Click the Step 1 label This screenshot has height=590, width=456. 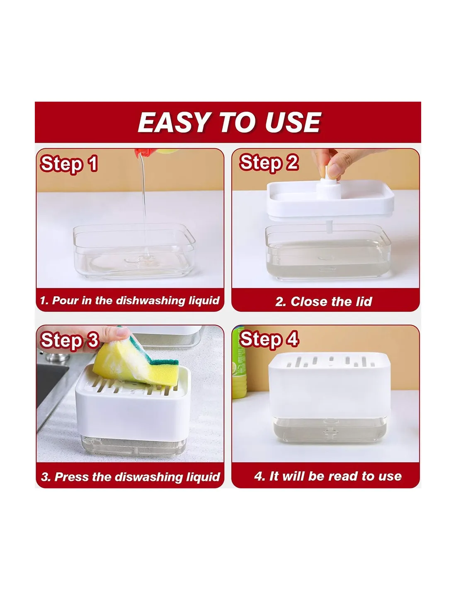69,164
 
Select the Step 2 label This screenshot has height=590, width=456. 269,163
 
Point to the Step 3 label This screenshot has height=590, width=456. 70,341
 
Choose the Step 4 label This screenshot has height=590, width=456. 269,339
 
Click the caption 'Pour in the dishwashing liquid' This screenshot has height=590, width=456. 136,300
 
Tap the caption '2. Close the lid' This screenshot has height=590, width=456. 324,302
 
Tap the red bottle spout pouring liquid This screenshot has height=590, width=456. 141,153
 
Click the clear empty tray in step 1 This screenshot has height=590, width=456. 134,251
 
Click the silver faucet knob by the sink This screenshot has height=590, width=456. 57,356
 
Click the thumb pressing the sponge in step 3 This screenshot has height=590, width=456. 118,334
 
